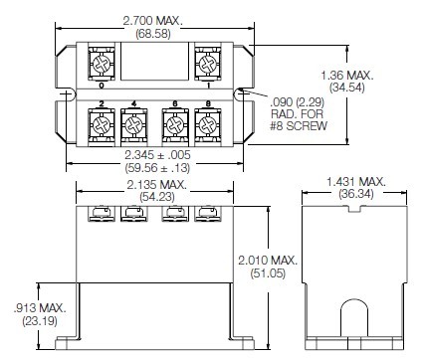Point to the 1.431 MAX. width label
pos(356,180)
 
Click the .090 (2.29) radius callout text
pos(291,99)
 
